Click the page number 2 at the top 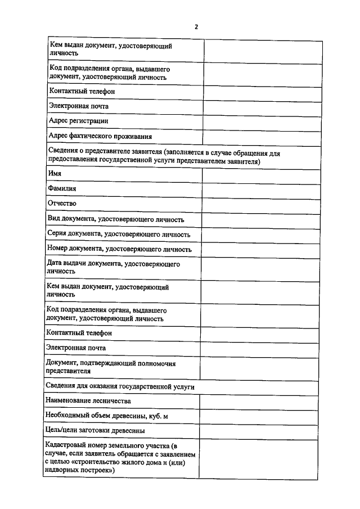pyautogui.click(x=196, y=26)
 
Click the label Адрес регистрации pyautogui.click(x=79, y=120)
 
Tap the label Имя pyautogui.click(x=55, y=174)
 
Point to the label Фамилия pyautogui.click(x=62, y=189)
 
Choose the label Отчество pyautogui.click(x=62, y=204)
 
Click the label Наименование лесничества pyautogui.click(x=89, y=401)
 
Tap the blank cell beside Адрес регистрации pyautogui.click(x=259, y=121)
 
